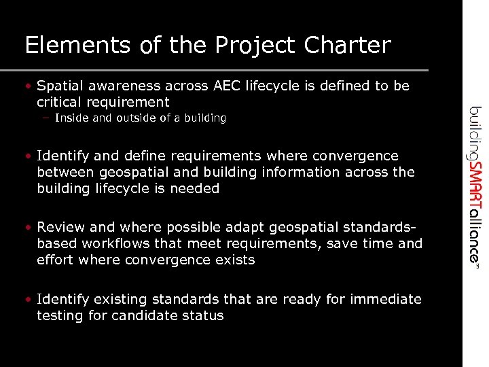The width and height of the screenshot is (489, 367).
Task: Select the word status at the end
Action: pyautogui.click(x=204, y=316)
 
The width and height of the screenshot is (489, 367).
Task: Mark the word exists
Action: pyautogui.click(x=233, y=260)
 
